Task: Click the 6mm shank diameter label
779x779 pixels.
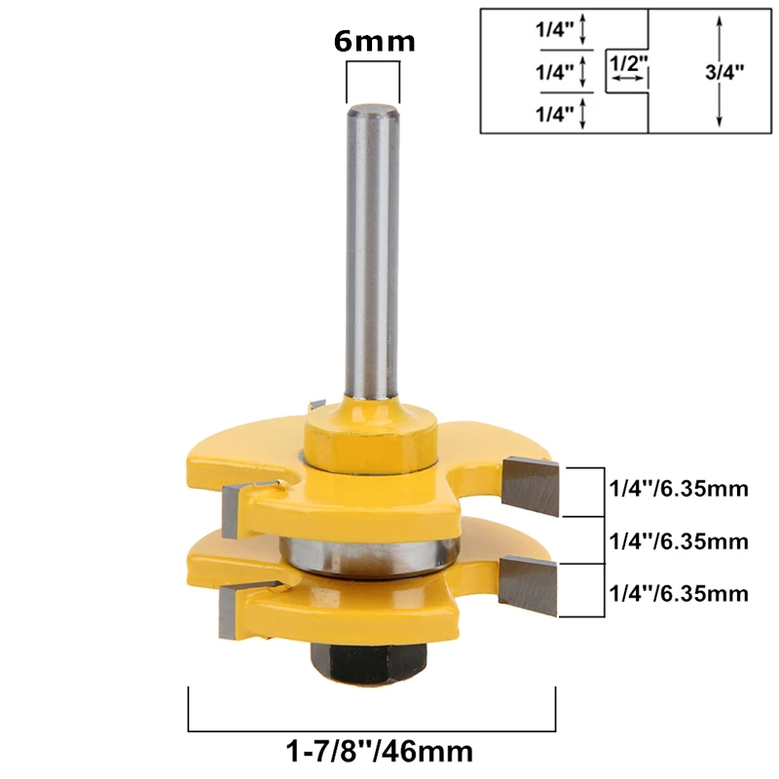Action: click(374, 41)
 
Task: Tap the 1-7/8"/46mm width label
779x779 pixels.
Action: click(380, 752)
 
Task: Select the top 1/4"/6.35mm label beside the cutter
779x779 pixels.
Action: click(679, 489)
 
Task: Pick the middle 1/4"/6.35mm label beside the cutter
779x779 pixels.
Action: click(679, 541)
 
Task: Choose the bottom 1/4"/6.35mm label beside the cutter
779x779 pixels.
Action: click(679, 593)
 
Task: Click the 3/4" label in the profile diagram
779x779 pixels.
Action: click(724, 72)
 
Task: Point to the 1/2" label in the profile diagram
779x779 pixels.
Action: click(628, 63)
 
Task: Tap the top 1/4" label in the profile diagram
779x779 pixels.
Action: click(554, 30)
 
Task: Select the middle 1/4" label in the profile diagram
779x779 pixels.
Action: click(554, 72)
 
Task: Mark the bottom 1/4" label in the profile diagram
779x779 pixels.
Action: click(554, 114)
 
